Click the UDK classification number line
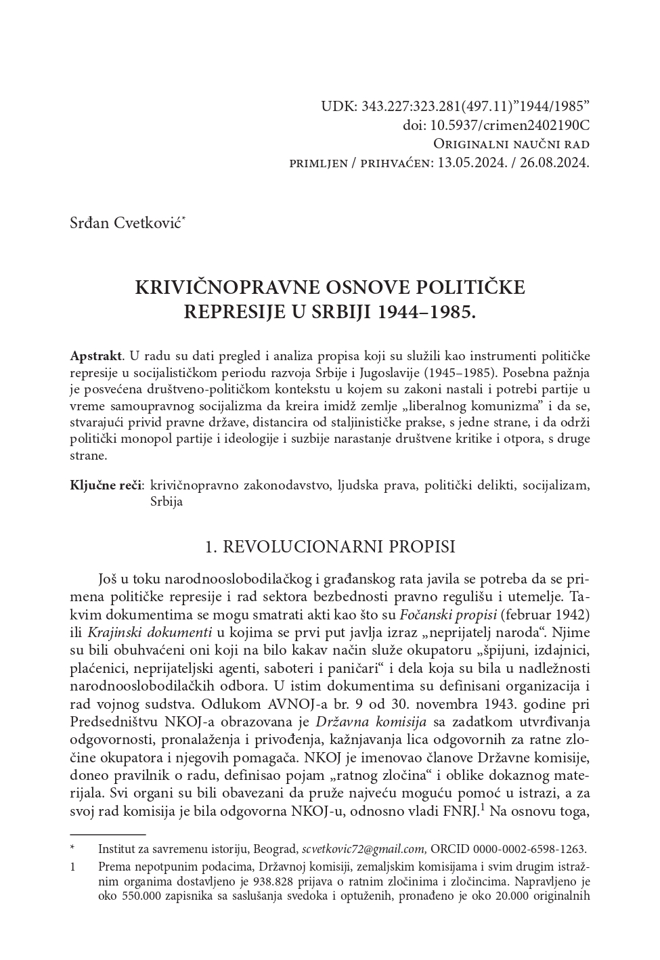click(456, 106)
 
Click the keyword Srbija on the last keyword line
click(167, 502)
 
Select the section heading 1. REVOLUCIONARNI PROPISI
click(330, 547)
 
